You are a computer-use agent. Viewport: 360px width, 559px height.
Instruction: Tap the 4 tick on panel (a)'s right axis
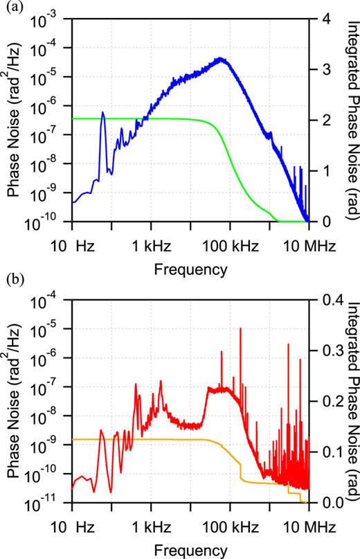323,19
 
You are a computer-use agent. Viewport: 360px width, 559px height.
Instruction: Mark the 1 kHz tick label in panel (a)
150,245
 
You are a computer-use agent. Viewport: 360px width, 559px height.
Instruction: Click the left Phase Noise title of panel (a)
14,121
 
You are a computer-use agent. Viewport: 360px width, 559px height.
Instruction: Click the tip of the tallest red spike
240,328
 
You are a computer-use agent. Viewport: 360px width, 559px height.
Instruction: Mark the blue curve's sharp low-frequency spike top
103,112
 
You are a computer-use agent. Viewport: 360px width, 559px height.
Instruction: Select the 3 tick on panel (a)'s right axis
323,70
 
